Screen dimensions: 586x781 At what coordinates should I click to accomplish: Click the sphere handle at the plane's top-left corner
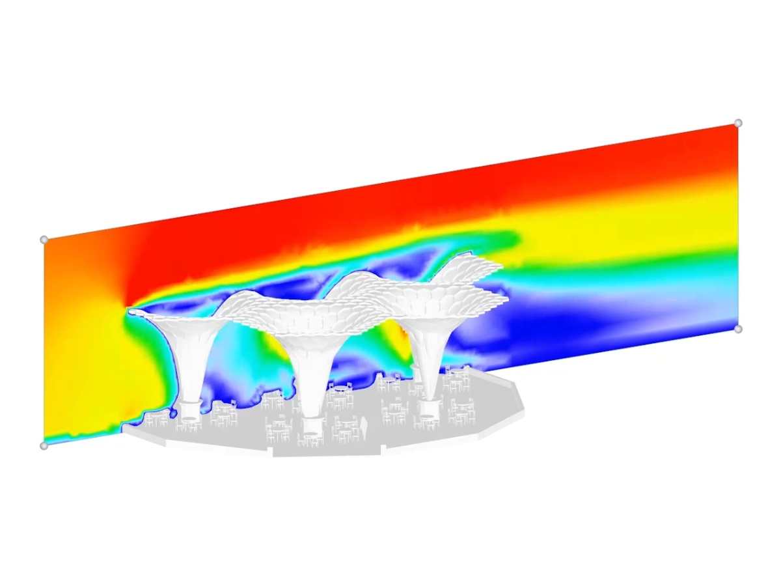pyautogui.click(x=44, y=240)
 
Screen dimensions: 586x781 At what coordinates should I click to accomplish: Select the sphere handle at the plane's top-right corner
pyautogui.click(x=738, y=123)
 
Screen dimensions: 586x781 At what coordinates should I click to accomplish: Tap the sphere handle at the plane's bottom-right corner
pyautogui.click(x=738, y=329)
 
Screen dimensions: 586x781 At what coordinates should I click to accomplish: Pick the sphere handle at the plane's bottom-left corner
pyautogui.click(x=44, y=446)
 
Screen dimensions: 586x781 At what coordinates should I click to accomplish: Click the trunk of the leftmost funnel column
pyautogui.click(x=190, y=365)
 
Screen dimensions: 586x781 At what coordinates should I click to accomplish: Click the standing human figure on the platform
pyautogui.click(x=364, y=428)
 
